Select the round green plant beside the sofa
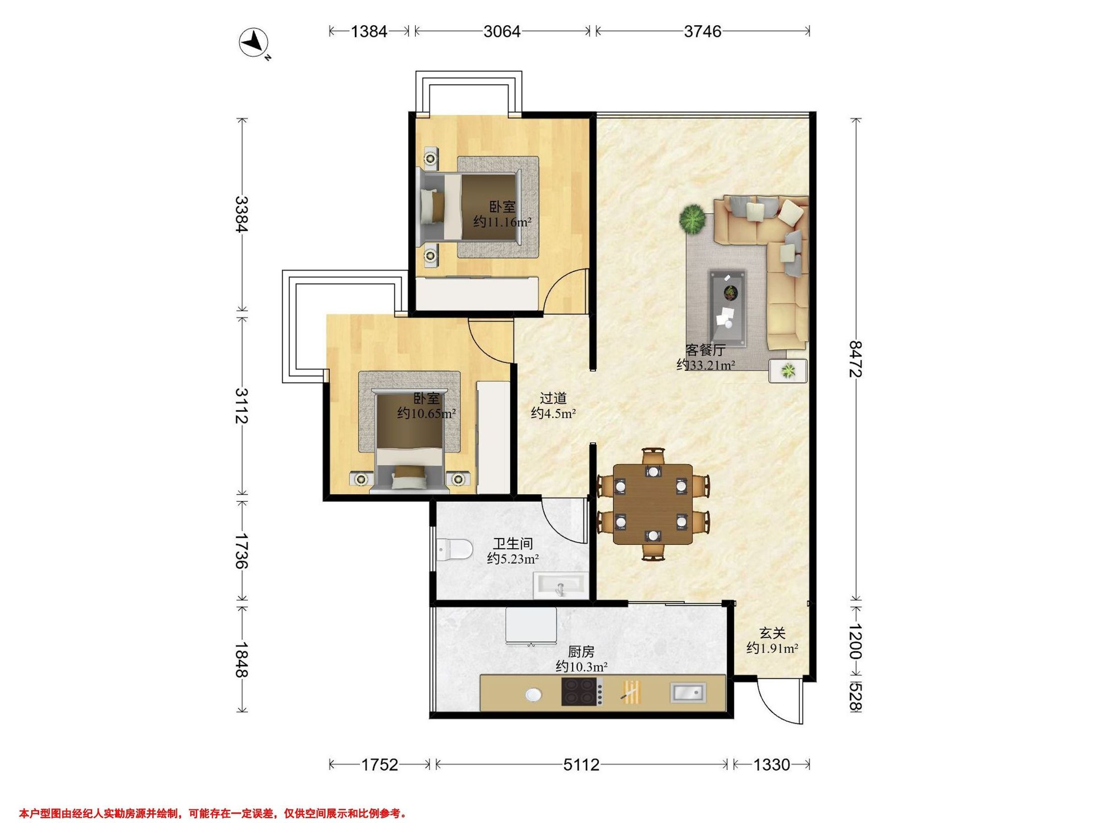pyautogui.click(x=692, y=219)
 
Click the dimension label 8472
pyautogui.click(x=856, y=358)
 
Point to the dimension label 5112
pyautogui.click(x=581, y=765)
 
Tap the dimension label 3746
pyautogui.click(x=702, y=31)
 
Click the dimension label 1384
pyautogui.click(x=369, y=31)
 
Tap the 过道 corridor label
pyautogui.click(x=553, y=398)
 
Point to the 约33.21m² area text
pyautogui.click(x=706, y=365)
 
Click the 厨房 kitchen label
pyautogui.click(x=581, y=652)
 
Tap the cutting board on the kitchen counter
pyautogui.click(x=631, y=691)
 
